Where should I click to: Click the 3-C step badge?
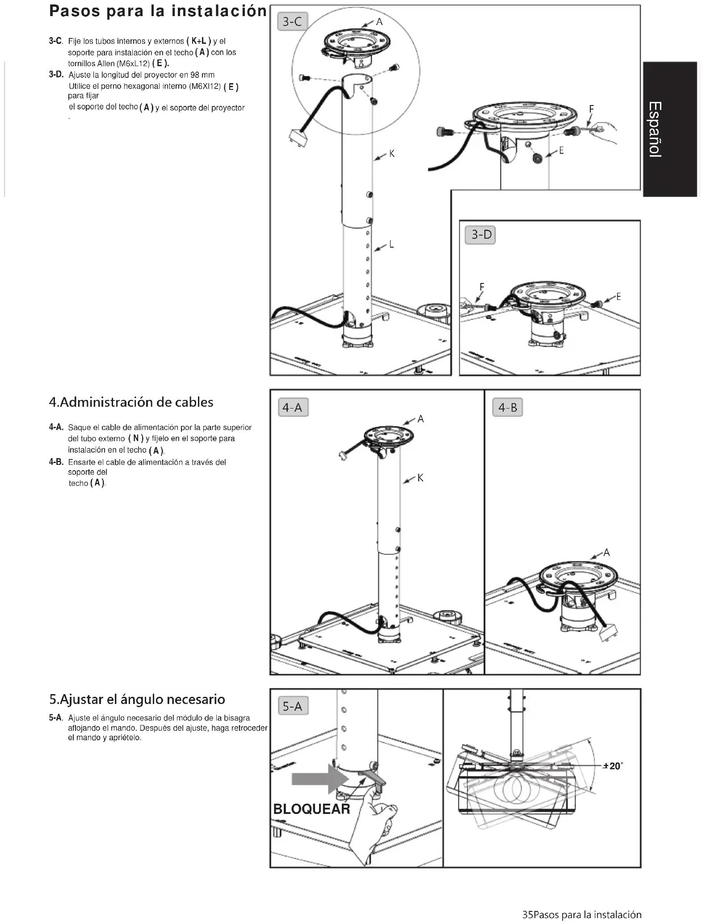(293, 21)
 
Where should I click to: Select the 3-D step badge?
(481, 235)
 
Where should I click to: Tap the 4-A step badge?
(293, 408)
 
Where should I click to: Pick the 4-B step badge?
(507, 408)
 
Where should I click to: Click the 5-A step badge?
(293, 706)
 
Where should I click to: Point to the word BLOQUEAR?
(311, 809)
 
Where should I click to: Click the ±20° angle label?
(612, 766)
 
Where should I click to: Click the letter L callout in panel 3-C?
(391, 244)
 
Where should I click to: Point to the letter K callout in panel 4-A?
(420, 478)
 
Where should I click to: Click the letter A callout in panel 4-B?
(606, 552)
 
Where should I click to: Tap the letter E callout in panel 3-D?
(618, 296)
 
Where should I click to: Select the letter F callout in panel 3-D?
(482, 287)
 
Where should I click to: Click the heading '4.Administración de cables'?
(131, 402)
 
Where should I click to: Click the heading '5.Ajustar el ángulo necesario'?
(137, 699)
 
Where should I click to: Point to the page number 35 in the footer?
(527, 915)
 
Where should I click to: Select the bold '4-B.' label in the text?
(56, 462)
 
